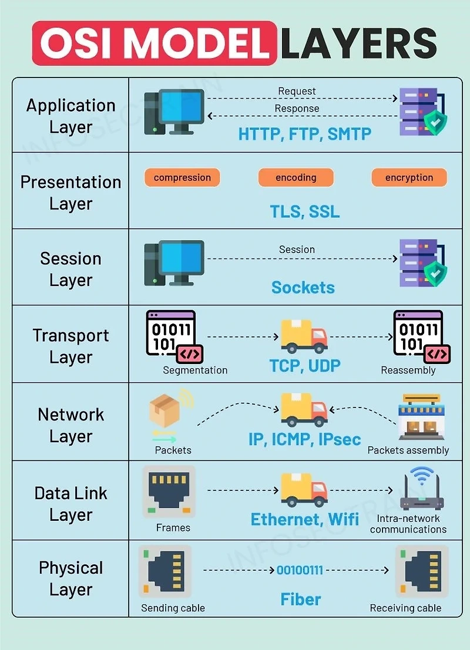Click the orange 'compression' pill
(182, 177)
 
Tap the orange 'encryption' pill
(409, 177)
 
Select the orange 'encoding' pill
(296, 177)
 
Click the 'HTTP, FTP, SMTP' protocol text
(304, 134)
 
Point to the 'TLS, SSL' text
(304, 211)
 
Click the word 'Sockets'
(303, 288)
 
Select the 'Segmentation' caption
(195, 371)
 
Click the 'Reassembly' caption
(408, 371)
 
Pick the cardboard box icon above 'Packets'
(164, 409)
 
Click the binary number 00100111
(300, 570)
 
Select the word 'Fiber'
(300, 600)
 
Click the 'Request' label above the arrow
(297, 92)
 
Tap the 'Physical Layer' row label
(70, 578)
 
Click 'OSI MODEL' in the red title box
(154, 43)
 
